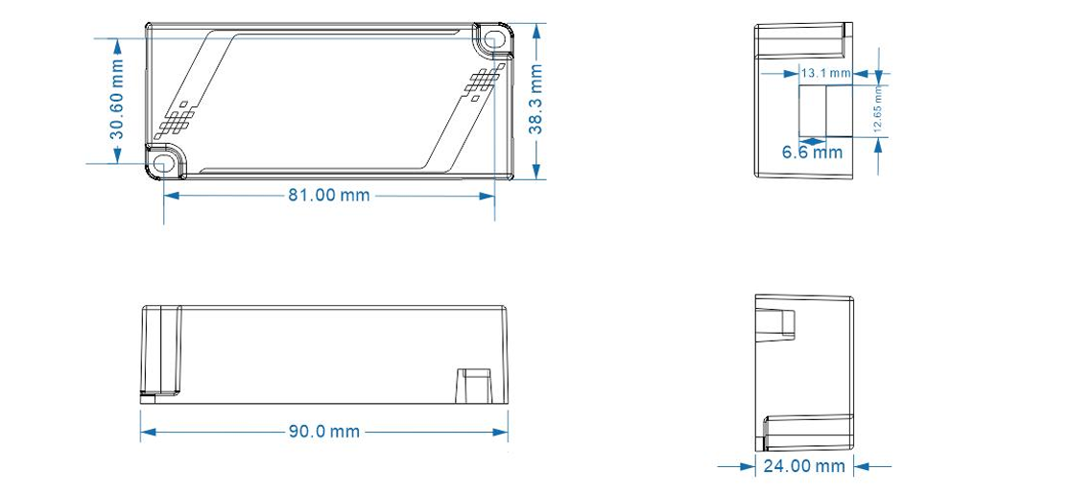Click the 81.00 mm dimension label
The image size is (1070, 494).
point(329,195)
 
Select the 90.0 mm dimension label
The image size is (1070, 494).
point(324,432)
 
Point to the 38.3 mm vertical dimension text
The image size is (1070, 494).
point(536,99)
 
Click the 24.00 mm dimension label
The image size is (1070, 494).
point(804,466)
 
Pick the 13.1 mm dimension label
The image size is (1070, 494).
point(825,73)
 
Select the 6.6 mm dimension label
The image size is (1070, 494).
point(812,153)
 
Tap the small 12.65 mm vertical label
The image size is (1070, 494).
point(877,111)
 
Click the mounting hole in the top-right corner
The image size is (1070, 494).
point(495,40)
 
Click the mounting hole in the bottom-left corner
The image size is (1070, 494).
point(164,164)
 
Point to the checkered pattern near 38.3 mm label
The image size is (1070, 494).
point(482,84)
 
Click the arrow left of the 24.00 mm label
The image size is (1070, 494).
point(745,466)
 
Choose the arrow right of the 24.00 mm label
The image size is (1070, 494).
point(863,466)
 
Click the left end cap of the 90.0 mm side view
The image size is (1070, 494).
point(161,349)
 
